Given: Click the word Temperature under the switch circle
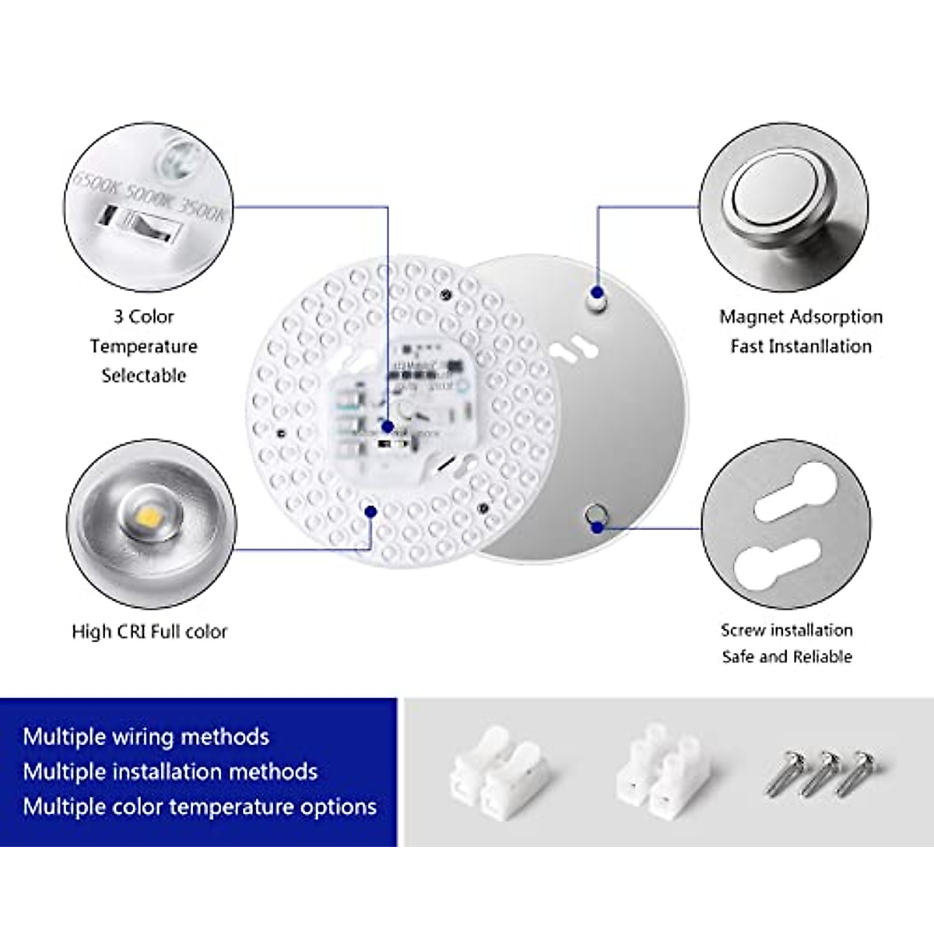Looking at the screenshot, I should pyautogui.click(x=143, y=346).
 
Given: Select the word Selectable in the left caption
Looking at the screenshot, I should pyautogui.click(x=143, y=376).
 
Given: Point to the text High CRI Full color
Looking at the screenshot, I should pyautogui.click(x=149, y=631).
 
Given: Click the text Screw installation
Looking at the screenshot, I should pyautogui.click(x=786, y=630).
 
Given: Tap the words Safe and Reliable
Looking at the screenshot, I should pyautogui.click(x=786, y=657).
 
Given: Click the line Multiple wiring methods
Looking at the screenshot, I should pyautogui.click(x=146, y=736).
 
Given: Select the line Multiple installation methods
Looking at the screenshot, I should pyautogui.click(x=170, y=771).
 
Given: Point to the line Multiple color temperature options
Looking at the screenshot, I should pyautogui.click(x=200, y=806).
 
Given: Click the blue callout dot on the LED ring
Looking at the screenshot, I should pyautogui.click(x=371, y=511).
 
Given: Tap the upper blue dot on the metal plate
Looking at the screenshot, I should pyautogui.click(x=597, y=293).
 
